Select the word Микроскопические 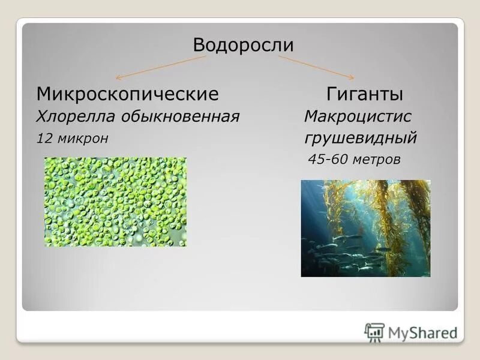127,94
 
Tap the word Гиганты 364,94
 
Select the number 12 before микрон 44,139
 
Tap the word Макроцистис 358,116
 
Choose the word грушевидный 360,139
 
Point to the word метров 376,160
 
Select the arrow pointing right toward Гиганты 316,67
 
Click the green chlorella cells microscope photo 115,202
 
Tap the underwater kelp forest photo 365,229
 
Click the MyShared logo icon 374,332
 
